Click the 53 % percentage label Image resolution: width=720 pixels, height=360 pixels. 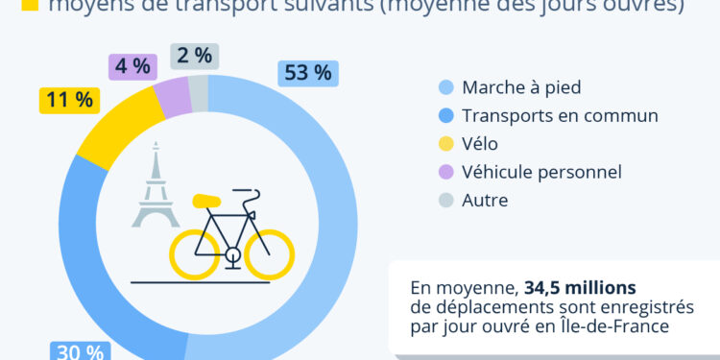307,73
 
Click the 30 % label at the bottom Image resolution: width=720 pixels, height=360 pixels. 81,351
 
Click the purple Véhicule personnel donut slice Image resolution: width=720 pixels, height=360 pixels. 172,97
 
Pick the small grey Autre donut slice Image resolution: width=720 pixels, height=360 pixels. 198,93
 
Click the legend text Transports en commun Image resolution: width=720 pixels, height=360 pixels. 559,116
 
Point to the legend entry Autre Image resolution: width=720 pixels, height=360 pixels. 484,200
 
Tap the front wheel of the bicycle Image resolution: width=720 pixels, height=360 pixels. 269,253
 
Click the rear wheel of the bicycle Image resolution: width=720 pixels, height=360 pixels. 195,253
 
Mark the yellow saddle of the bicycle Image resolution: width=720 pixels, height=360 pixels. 206,202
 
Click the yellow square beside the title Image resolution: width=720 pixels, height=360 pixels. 28,6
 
